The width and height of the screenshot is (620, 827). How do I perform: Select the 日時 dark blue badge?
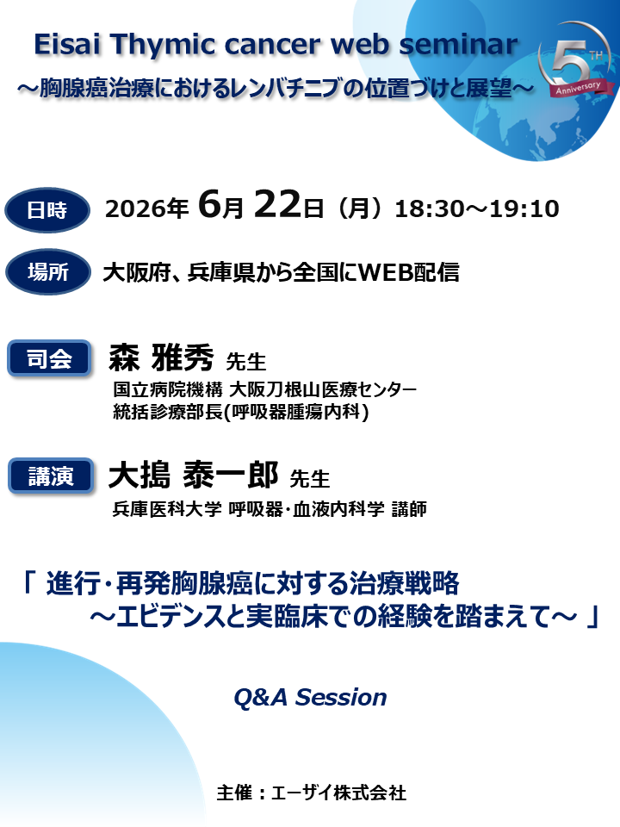pyautogui.click(x=47, y=209)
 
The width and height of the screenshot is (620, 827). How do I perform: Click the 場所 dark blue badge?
pyautogui.click(x=47, y=273)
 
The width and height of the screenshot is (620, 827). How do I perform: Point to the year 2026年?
pyautogui.click(x=146, y=209)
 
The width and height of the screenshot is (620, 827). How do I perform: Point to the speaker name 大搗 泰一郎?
pyautogui.click(x=193, y=474)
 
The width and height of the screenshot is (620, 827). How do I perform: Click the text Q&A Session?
pyautogui.click(x=310, y=697)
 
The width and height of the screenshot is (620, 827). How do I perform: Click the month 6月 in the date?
pyautogui.click(x=222, y=208)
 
